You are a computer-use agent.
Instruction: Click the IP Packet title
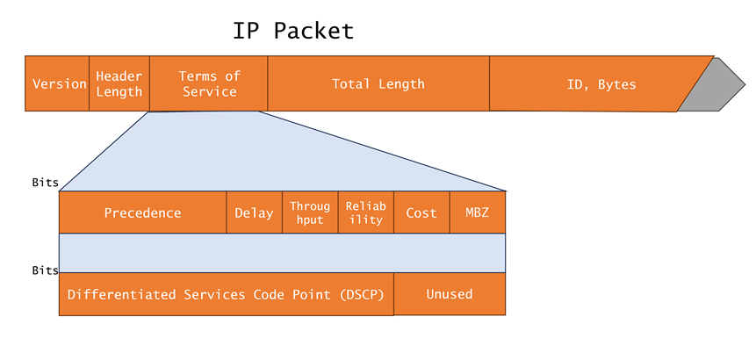click(x=293, y=31)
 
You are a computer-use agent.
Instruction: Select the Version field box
click(x=58, y=84)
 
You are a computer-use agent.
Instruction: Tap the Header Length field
click(x=119, y=84)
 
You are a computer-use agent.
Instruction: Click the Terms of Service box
click(x=209, y=84)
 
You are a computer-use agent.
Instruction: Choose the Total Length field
click(x=378, y=84)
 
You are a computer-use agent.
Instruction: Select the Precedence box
click(x=142, y=213)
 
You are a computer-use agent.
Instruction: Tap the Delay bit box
click(x=254, y=213)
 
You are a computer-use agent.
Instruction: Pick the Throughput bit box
click(x=310, y=213)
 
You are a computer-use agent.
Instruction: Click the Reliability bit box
click(x=365, y=213)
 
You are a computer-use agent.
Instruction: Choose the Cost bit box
click(x=421, y=213)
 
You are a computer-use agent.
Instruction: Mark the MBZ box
click(x=477, y=213)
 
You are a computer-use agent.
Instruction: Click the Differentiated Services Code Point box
click(x=226, y=294)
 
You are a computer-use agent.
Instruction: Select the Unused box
click(x=450, y=294)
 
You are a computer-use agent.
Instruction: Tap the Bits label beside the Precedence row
click(x=45, y=184)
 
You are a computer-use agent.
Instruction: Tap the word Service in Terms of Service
click(x=210, y=92)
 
